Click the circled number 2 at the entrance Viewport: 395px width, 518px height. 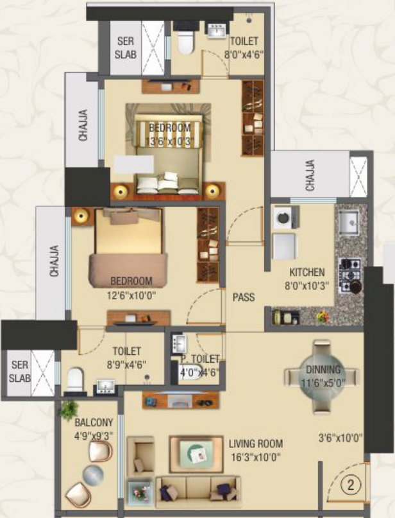click(x=351, y=485)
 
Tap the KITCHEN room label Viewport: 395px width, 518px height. click(x=307, y=273)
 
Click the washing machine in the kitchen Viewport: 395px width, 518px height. click(x=285, y=218)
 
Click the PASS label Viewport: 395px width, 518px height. click(x=244, y=297)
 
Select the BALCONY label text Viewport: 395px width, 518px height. click(x=94, y=422)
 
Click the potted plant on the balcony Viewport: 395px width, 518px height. click(x=69, y=410)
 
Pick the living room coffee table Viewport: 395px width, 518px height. click(x=196, y=454)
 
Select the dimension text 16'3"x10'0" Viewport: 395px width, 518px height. click(x=255, y=457)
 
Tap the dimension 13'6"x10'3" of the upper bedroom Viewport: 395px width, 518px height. click(x=169, y=141)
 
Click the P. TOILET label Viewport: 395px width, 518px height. click(x=200, y=359)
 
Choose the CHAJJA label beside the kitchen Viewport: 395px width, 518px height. click(x=310, y=176)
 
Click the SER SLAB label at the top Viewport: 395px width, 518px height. click(x=126, y=48)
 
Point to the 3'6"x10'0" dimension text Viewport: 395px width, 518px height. click(x=340, y=438)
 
